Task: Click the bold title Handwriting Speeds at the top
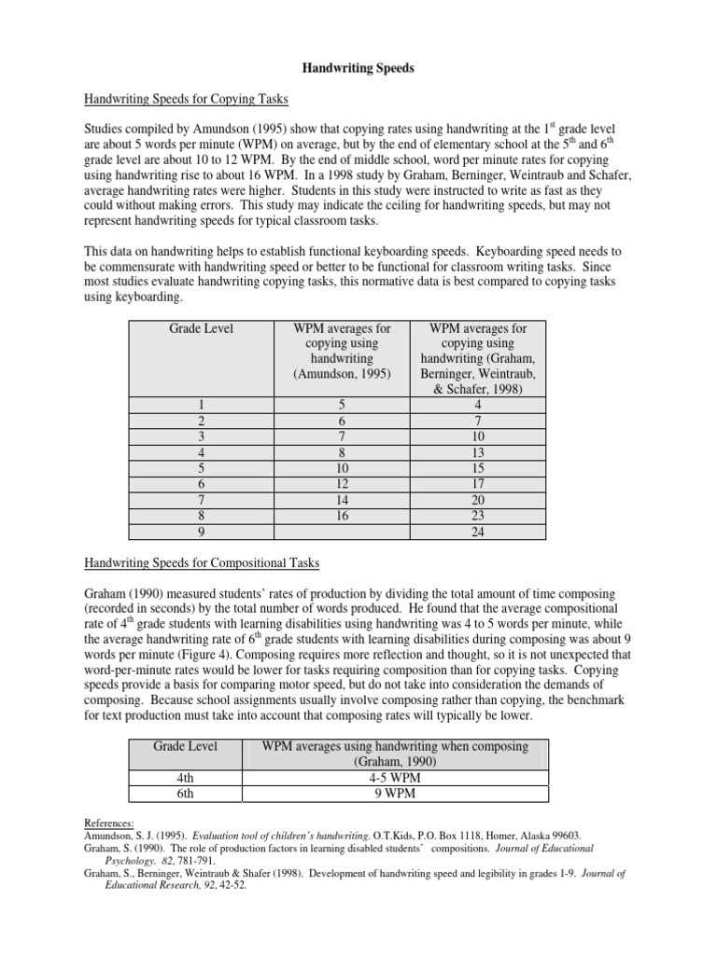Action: click(358, 68)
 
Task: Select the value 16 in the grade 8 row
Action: click(344, 515)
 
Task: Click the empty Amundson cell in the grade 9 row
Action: click(344, 532)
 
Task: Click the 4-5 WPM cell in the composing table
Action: click(396, 776)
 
